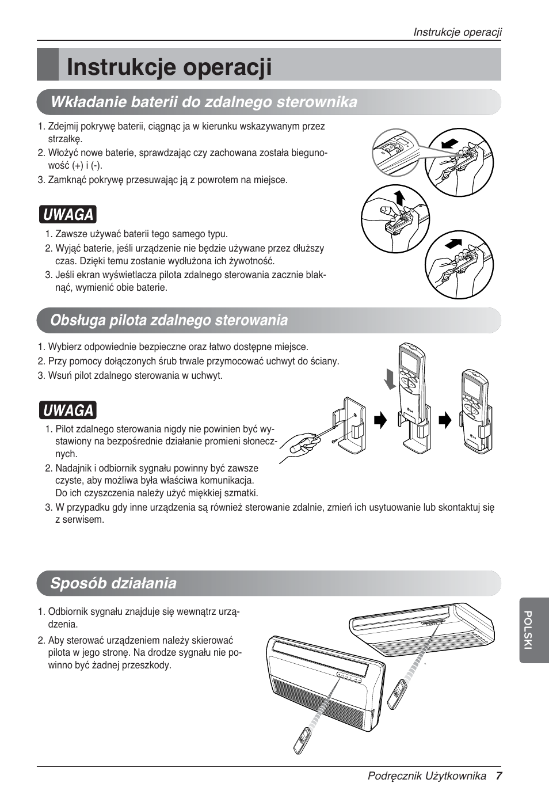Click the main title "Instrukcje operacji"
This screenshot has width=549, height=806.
(x=169, y=67)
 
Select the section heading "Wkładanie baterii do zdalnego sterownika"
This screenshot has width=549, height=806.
(x=204, y=102)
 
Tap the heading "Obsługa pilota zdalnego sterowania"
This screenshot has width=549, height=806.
(x=169, y=320)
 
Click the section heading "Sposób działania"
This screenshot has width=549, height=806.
(x=113, y=583)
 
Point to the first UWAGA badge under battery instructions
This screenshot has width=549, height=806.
(x=68, y=214)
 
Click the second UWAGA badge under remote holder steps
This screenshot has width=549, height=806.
(x=68, y=410)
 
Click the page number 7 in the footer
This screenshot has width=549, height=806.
(x=498, y=776)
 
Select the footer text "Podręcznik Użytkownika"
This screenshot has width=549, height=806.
(x=427, y=776)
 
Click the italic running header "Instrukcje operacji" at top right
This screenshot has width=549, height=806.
(x=457, y=32)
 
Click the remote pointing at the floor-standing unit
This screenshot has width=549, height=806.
(x=302, y=740)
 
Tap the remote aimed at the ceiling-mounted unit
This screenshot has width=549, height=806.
(x=397, y=694)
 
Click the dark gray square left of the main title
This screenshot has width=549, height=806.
(x=48, y=64)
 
